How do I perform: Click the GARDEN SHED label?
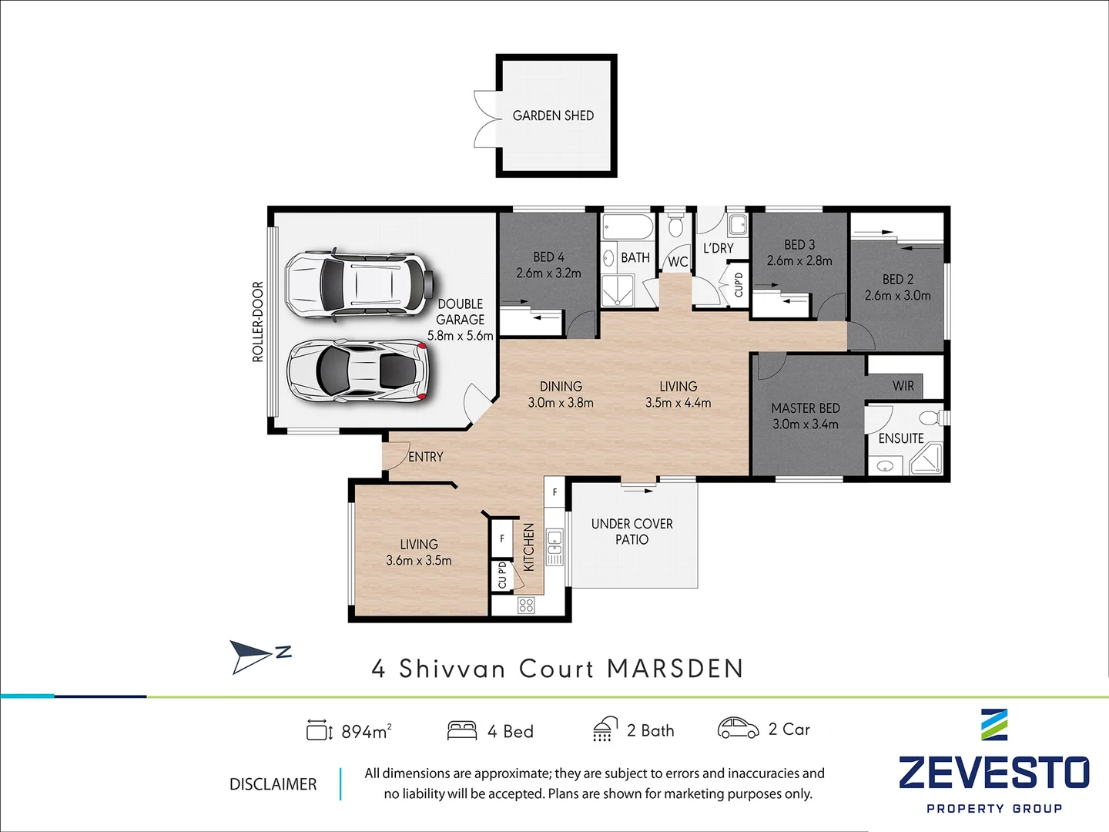(553, 116)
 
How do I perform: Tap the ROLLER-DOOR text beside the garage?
(258, 322)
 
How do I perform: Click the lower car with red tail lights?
(357, 371)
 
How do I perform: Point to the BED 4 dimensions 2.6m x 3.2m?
(548, 273)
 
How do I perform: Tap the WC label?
(678, 262)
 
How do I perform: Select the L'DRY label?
(718, 248)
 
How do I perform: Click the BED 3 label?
(799, 244)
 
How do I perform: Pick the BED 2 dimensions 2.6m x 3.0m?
(897, 296)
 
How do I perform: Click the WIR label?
(903, 386)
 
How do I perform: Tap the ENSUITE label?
(901, 438)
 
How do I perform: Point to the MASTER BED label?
(806, 408)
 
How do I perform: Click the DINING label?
(561, 386)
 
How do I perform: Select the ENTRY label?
(426, 457)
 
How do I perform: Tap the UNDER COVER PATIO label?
(632, 532)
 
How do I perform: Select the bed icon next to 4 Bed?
(462, 730)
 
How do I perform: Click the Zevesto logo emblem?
(993, 725)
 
